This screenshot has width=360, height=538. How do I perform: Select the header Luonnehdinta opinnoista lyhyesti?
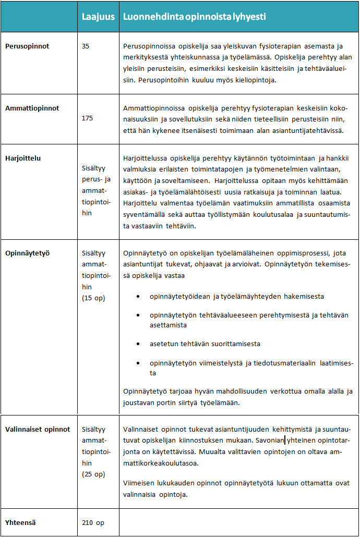coord(194,17)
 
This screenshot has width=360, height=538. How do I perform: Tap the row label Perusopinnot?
coord(27,46)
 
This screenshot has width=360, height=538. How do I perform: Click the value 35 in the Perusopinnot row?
coord(86,46)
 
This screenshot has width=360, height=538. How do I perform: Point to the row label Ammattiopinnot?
coord(32,108)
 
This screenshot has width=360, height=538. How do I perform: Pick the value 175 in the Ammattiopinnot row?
coord(88,118)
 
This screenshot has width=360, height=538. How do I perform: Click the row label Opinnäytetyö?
coord(27,253)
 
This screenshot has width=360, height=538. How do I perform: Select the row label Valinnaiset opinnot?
coord(38,430)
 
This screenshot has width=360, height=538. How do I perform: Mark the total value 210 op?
coord(93,522)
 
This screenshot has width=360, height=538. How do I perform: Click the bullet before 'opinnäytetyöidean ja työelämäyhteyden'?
coord(137,297)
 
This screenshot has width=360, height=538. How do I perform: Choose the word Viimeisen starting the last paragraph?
coord(139,483)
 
